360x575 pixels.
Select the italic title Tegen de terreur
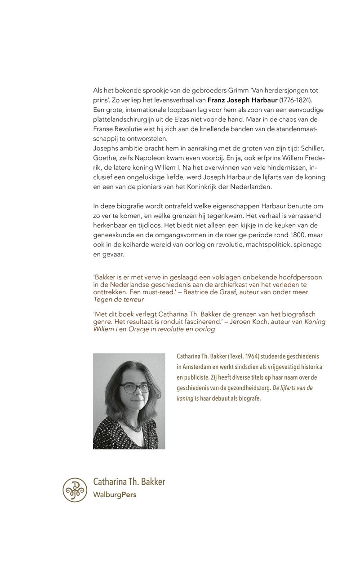[119, 300]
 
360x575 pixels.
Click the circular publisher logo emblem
[75, 490]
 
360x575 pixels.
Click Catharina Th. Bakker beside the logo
[129, 482]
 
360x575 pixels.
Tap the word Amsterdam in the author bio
[199, 367]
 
